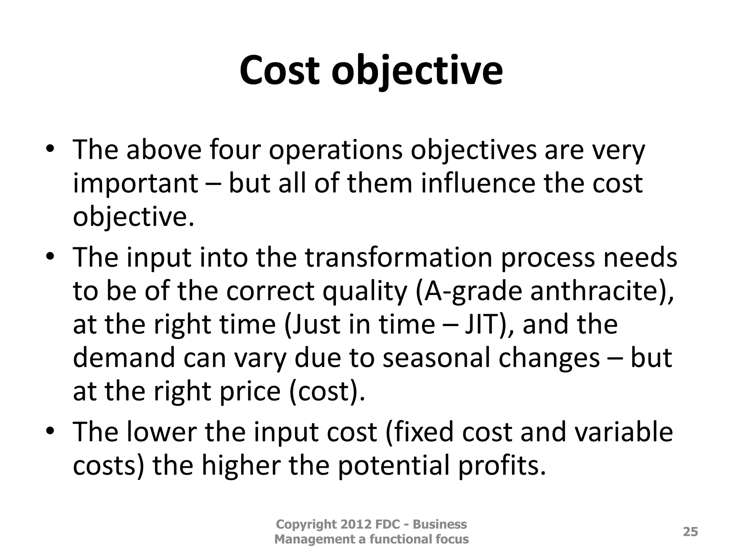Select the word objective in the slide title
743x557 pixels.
tap(417, 71)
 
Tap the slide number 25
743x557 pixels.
tap(690, 532)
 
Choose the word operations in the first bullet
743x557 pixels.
tap(336, 150)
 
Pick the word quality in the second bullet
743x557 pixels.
tap(364, 291)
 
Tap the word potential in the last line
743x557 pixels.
tap(391, 466)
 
